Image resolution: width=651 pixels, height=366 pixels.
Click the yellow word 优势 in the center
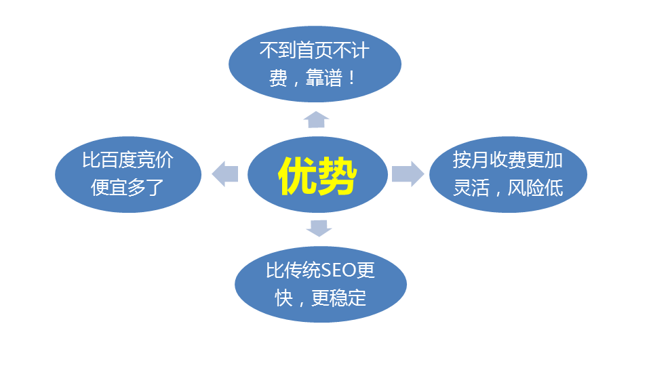pyautogui.click(x=317, y=176)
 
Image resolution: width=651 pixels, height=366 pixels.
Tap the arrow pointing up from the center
pyautogui.click(x=317, y=119)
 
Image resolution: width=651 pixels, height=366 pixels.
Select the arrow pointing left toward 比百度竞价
pyautogui.click(x=225, y=174)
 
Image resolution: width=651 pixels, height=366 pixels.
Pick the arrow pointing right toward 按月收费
pyautogui.click(x=408, y=174)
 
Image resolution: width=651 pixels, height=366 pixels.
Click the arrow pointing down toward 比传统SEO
pyautogui.click(x=319, y=228)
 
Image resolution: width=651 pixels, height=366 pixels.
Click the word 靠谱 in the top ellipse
pyautogui.click(x=324, y=77)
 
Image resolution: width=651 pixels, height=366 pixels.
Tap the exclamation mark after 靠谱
pyautogui.click(x=353, y=77)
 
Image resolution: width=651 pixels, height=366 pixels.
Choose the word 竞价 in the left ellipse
pyautogui.click(x=155, y=160)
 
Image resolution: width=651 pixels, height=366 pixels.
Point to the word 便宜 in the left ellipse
pyautogui.click(x=109, y=188)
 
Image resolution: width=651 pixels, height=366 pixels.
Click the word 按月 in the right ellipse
pyautogui.click(x=471, y=160)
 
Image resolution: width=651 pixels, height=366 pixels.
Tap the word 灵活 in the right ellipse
pyautogui.click(x=471, y=188)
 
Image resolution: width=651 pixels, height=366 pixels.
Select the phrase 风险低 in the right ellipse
pyautogui.click(x=535, y=188)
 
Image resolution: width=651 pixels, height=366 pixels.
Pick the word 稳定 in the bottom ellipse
pyautogui.click(x=348, y=298)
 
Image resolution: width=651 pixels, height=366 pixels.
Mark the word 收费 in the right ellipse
pyautogui.click(x=508, y=160)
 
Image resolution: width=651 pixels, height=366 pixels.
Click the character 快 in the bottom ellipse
pyautogui.click(x=284, y=298)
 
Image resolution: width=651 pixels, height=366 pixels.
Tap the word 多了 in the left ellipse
pyautogui.click(x=146, y=188)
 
